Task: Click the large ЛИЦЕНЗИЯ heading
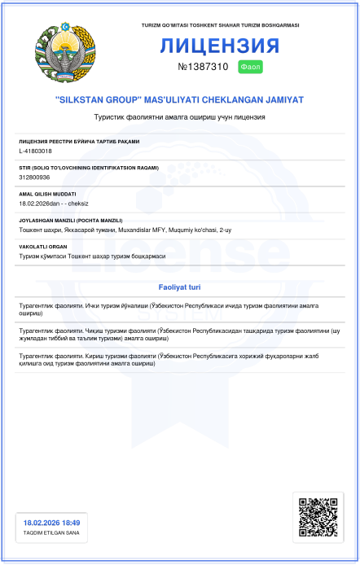tap(220, 46)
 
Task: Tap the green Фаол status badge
tap(250, 66)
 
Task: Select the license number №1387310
tap(203, 66)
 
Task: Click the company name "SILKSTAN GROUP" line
tap(179, 99)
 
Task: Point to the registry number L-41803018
tap(35, 151)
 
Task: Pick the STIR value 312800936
tap(34, 177)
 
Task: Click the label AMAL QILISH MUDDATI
tap(47, 194)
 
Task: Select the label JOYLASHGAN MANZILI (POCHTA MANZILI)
tap(70, 220)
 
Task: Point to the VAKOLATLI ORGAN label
tap(42, 247)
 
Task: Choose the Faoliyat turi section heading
tap(179, 287)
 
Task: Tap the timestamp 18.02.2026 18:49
tap(51, 523)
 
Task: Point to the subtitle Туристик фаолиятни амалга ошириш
tap(179, 118)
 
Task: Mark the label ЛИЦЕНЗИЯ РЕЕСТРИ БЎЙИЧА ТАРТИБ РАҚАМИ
tap(78, 142)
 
